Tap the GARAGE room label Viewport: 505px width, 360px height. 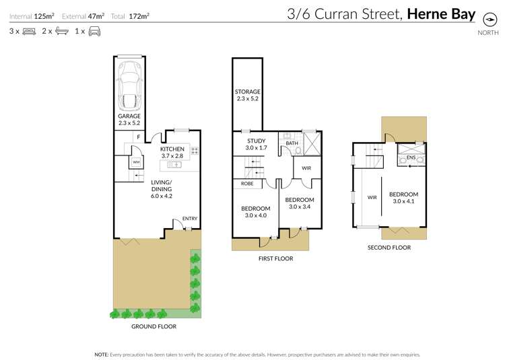click(129, 116)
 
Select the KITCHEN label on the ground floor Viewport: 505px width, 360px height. click(172, 149)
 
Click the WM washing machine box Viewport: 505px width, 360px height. click(136, 162)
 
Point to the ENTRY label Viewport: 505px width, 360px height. click(190, 218)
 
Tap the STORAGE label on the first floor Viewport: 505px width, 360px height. click(248, 92)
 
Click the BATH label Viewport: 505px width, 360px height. click(292, 143)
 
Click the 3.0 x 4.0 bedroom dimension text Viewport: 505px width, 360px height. click(255, 216)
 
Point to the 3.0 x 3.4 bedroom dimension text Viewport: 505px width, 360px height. click(299, 207)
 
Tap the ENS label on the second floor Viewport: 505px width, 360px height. click(410, 159)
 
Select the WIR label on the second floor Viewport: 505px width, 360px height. click(372, 197)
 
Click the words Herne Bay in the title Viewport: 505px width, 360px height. click(441, 14)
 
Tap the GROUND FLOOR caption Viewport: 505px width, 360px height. click(154, 326)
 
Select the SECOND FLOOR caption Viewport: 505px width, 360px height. click(389, 248)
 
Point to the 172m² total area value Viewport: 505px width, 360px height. click(139, 15)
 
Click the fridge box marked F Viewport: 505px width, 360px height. click(138, 137)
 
